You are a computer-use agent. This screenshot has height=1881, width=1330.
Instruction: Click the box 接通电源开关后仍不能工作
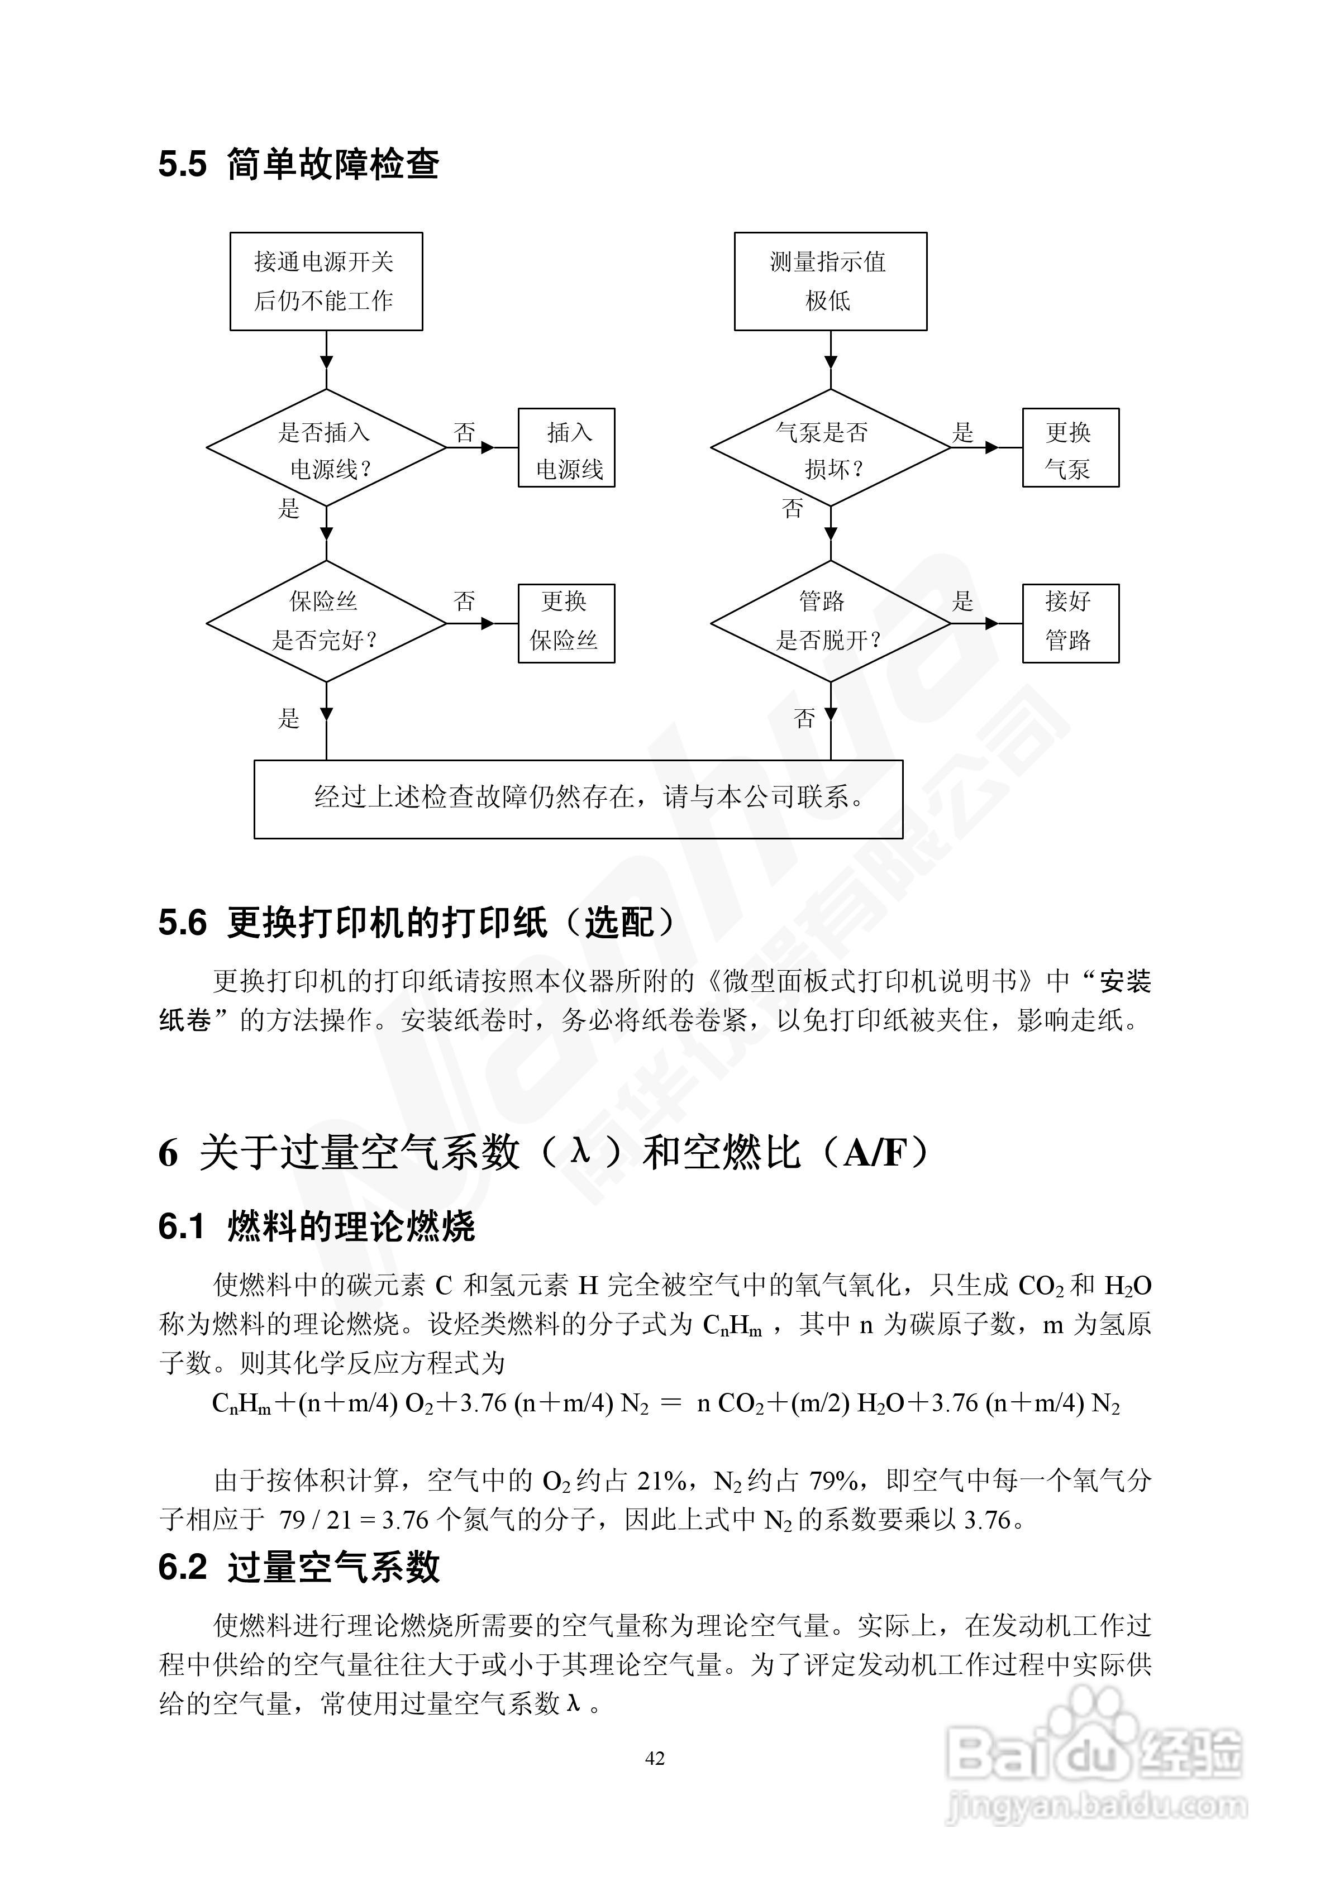point(326,281)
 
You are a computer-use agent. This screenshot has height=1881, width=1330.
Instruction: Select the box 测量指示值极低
point(830,281)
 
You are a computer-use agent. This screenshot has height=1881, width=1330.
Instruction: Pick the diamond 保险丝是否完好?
point(326,622)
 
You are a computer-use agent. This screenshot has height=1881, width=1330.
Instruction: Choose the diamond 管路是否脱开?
point(830,622)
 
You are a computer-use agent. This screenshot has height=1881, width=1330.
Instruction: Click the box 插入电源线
point(566,448)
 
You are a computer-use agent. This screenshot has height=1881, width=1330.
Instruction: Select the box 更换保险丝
point(566,623)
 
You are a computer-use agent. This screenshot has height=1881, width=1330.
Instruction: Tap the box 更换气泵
point(1070,448)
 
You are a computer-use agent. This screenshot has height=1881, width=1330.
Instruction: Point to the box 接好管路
point(1070,623)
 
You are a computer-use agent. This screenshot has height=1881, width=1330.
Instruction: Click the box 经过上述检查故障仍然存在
point(579,799)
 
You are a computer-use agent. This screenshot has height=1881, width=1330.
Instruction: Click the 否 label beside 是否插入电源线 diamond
point(465,433)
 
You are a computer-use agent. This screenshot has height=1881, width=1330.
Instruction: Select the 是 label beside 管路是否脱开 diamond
point(963,601)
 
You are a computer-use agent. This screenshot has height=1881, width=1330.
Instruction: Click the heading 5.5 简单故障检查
point(299,164)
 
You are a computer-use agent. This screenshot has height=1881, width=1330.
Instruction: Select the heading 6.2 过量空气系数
point(299,1567)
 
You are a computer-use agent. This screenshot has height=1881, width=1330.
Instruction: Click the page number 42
point(655,1758)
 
